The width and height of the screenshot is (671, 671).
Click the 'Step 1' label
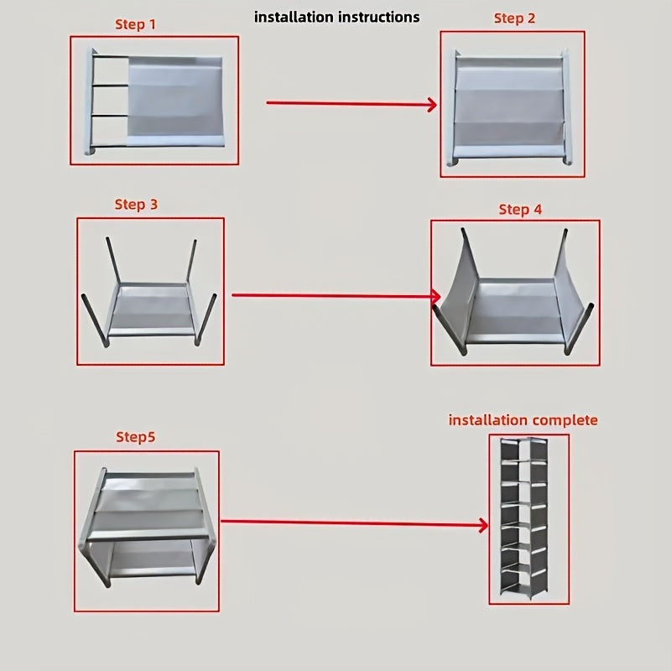point(135,24)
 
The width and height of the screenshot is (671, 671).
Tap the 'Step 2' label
point(514,18)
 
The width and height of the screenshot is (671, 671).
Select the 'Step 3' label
point(136,204)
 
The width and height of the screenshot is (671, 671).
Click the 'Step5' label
point(136,437)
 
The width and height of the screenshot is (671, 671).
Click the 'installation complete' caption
point(523,419)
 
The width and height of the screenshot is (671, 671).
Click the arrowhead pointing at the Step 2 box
point(432,105)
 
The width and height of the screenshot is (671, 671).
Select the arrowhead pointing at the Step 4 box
point(435,296)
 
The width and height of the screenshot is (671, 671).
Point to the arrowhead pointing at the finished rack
point(483,526)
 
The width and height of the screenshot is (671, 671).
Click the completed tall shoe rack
point(528,520)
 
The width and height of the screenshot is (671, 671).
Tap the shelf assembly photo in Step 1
point(155,101)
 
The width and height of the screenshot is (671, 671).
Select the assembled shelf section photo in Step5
point(147,528)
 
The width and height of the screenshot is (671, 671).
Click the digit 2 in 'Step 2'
point(531,18)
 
